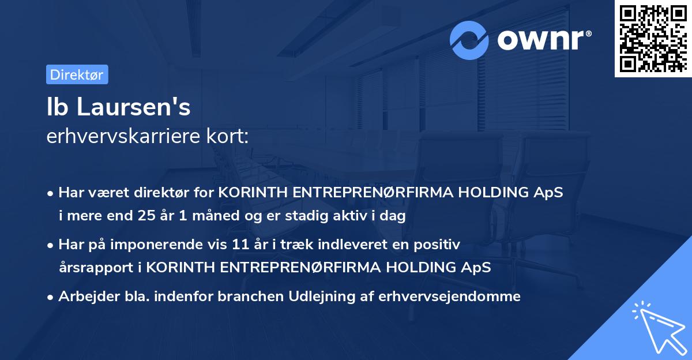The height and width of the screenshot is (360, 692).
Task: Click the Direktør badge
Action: click(77, 74)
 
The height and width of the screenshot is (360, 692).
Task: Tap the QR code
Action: click(652, 38)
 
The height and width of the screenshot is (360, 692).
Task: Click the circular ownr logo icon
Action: click(469, 40)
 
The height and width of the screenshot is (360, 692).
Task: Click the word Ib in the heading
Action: click(55, 108)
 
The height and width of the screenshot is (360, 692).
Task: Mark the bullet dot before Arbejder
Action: click(51, 297)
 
